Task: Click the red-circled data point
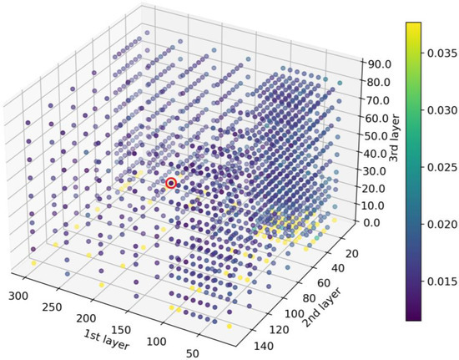tap(171, 183)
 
